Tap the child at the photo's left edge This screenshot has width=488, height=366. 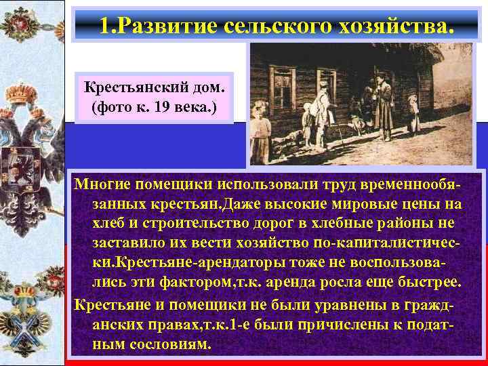coord(260,129)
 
